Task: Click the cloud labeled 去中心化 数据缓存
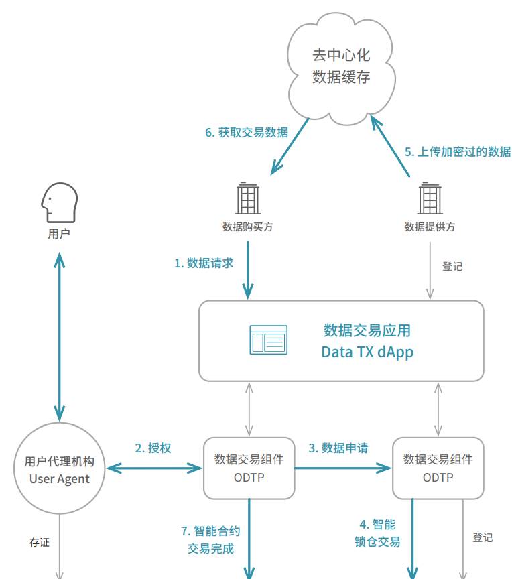pos(341,67)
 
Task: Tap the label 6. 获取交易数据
pos(247,133)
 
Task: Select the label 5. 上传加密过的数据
pos(457,151)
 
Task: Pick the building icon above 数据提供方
pos(430,199)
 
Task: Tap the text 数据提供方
pos(430,227)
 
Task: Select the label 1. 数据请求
pos(204,263)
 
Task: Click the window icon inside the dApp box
pos(268,340)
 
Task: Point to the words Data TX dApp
pos(367,352)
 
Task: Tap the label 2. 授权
pos(153,448)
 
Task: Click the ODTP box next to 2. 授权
pos(249,468)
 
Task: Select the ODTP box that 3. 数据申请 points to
pos(438,468)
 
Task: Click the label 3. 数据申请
pos(338,448)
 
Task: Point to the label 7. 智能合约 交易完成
pos(210,539)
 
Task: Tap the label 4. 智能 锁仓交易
pos(377,533)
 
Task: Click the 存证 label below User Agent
pos(39,542)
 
